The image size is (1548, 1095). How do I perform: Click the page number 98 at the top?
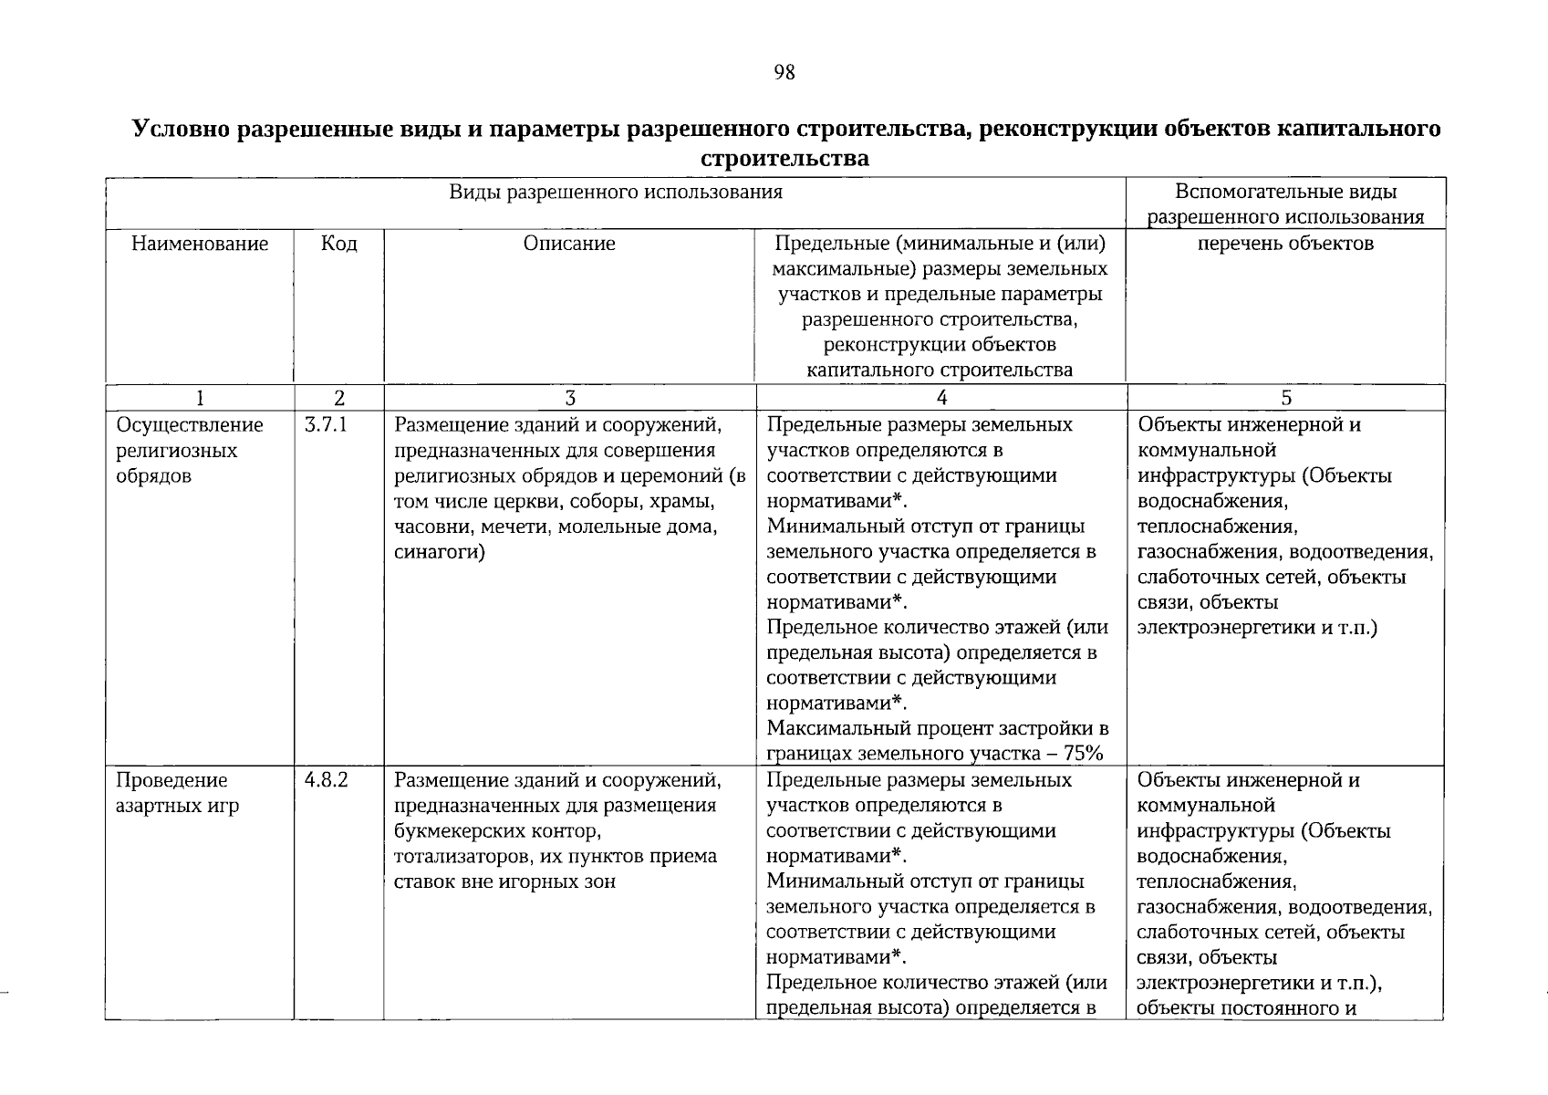coord(784,73)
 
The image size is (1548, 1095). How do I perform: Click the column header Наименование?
coord(200,244)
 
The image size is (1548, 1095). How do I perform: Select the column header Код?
coord(338,244)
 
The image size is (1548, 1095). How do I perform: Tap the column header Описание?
coord(569,244)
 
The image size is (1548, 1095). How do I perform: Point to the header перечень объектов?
coord(1285,244)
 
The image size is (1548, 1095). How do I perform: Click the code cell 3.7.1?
coord(327,425)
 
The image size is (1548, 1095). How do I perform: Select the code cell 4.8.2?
coord(327,781)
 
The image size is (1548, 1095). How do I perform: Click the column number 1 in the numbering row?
coord(200,399)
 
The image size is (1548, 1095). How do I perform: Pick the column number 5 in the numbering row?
coord(1285,399)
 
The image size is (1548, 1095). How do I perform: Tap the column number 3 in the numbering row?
coord(569,399)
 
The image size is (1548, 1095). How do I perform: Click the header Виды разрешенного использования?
coord(616,193)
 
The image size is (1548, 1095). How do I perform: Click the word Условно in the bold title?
coord(182,129)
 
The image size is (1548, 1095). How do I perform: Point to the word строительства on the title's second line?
coord(784,159)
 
